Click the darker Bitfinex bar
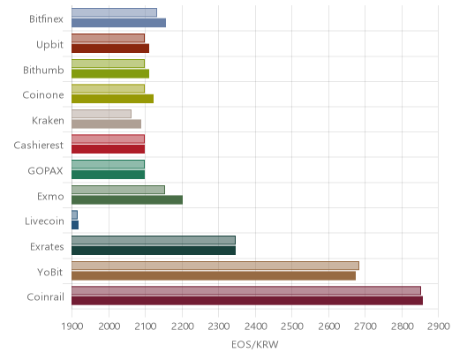pos(118,23)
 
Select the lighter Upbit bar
pos(108,38)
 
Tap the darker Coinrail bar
pos(247,301)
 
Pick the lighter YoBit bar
pos(215,266)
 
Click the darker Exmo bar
pos(127,199)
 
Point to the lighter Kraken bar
pos(102,114)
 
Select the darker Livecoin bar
pos(75,225)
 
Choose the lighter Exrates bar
pos(154,240)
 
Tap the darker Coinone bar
pos(112,99)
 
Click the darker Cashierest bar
pos(108,149)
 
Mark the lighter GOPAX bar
pos(108,164)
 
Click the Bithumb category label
pos(43,70)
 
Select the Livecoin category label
pos(44,221)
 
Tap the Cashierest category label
pos(39,145)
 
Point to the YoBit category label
pos(50,272)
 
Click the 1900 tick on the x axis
pos(72,326)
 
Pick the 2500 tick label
pos(292,326)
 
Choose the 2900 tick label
pos(439,326)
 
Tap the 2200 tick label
pos(182,326)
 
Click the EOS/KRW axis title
pos(255,344)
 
